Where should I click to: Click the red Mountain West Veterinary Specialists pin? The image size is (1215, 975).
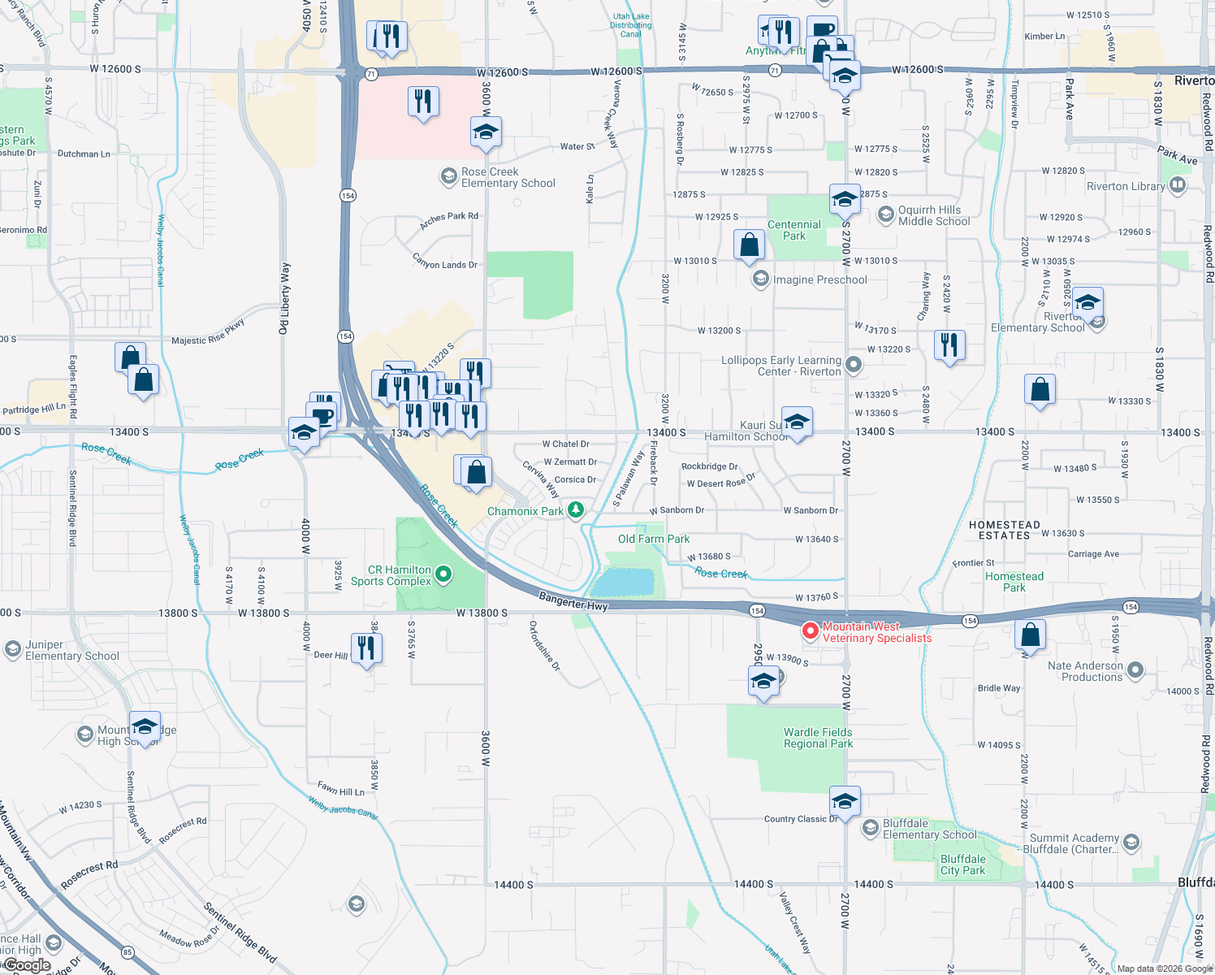(810, 630)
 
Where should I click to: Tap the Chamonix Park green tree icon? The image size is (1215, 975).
(576, 510)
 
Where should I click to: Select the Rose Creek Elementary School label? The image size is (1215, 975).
(508, 178)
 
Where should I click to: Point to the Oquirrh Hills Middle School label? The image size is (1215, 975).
(934, 215)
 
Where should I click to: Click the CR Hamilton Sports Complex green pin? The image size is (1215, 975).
(443, 575)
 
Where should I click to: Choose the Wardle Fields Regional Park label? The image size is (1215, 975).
(818, 738)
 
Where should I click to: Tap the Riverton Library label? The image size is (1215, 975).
(1126, 186)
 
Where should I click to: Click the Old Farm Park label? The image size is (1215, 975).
(654, 539)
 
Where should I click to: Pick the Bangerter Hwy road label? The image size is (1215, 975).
(573, 601)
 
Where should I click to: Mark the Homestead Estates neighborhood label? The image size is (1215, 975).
(1004, 531)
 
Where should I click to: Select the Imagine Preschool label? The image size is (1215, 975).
(819, 279)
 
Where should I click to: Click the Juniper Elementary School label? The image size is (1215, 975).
(71, 650)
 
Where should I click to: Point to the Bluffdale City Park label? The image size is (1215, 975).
(962, 864)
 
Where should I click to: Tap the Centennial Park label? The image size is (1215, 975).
(793, 230)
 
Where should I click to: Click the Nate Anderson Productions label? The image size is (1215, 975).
(1085, 671)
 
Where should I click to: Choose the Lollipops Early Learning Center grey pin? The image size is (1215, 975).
(853, 365)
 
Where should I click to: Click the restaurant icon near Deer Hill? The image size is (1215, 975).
(365, 648)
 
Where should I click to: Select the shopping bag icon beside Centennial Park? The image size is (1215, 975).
(749, 245)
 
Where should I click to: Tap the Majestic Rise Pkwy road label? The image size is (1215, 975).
(208, 334)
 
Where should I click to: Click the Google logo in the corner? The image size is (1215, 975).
(28, 965)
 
